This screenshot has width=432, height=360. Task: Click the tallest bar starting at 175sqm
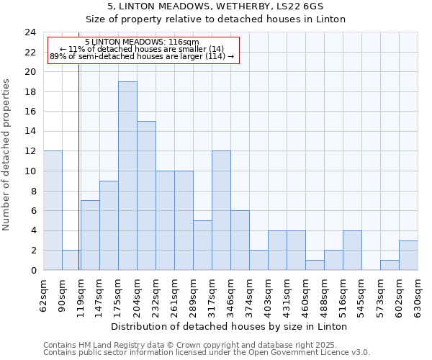coord(127,176)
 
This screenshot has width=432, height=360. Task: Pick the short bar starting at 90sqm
coord(71,260)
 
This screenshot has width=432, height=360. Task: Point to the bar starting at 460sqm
coord(315,265)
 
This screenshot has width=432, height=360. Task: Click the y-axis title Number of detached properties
coord(6,156)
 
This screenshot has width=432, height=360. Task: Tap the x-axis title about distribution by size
coord(230,326)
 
